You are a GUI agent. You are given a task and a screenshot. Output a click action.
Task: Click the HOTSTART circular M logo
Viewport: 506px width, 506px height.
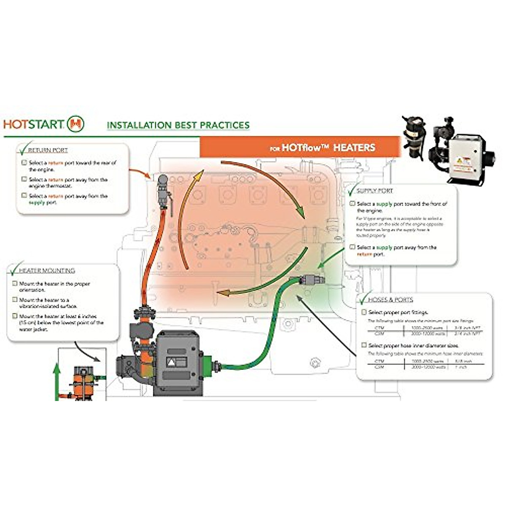coord(76,124)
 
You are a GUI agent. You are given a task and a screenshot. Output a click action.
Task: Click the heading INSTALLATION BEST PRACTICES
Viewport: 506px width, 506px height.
coord(178,125)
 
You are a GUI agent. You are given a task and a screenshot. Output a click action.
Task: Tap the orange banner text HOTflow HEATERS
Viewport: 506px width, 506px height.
coord(322,148)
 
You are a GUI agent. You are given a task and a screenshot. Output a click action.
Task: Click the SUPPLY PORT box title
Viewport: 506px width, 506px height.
coord(374,191)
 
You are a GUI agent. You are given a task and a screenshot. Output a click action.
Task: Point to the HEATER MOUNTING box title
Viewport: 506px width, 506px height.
coord(47,270)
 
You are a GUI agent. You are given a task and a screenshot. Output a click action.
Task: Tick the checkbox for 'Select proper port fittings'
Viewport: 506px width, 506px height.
coord(364,312)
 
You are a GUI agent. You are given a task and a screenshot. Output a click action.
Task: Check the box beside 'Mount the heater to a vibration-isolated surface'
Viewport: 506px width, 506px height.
coord(15,300)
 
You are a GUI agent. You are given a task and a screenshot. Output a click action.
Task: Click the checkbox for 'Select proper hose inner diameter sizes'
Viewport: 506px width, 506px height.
coord(364,345)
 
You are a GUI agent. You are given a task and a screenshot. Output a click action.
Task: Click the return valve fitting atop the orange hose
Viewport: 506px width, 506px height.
coord(163,190)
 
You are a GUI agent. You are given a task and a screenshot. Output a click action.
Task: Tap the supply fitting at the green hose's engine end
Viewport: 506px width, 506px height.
coord(311,279)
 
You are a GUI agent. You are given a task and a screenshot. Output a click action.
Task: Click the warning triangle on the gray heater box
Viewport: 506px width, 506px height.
coord(172,362)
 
